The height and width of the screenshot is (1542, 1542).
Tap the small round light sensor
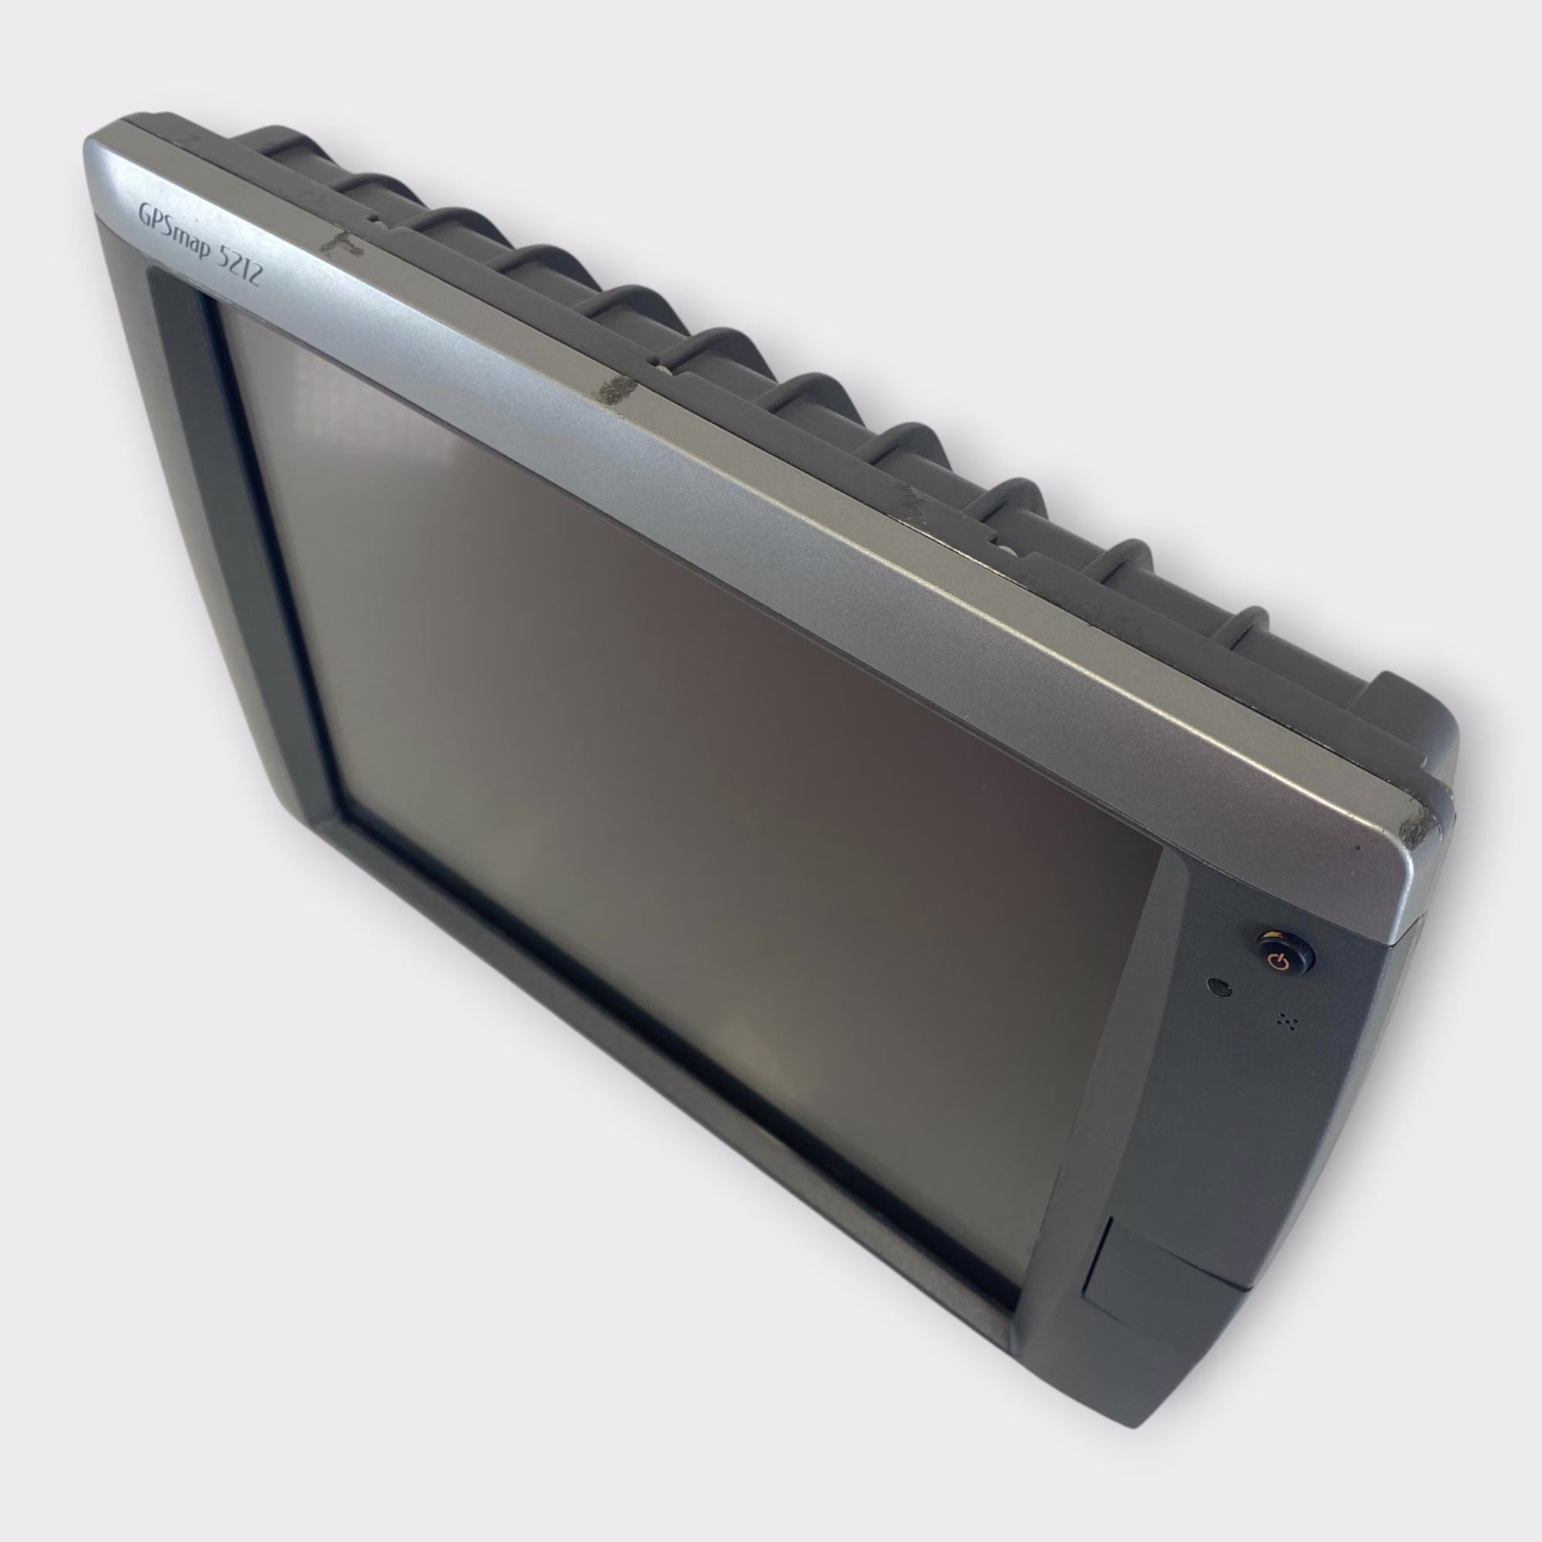pyautogui.click(x=1220, y=988)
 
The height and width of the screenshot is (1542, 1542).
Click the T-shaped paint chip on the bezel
pyautogui.click(x=342, y=244)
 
